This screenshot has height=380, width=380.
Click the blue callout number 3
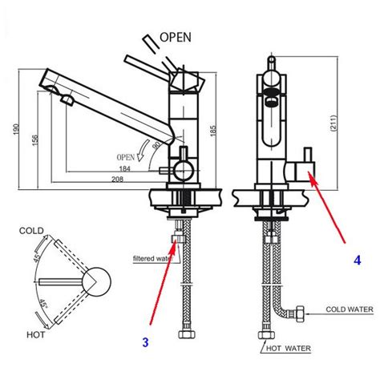coord(145,342)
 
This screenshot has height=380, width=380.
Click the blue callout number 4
coord(358,260)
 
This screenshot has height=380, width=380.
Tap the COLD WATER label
coord(350,309)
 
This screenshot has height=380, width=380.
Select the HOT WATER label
coord(289,349)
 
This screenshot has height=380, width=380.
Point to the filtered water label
coord(153,258)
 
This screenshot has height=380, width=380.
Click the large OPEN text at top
coord(176,38)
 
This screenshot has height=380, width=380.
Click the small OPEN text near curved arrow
coord(125,157)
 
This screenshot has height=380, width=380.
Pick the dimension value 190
coord(16,129)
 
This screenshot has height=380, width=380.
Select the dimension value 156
coord(35,140)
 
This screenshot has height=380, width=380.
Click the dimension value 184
coord(124,168)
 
